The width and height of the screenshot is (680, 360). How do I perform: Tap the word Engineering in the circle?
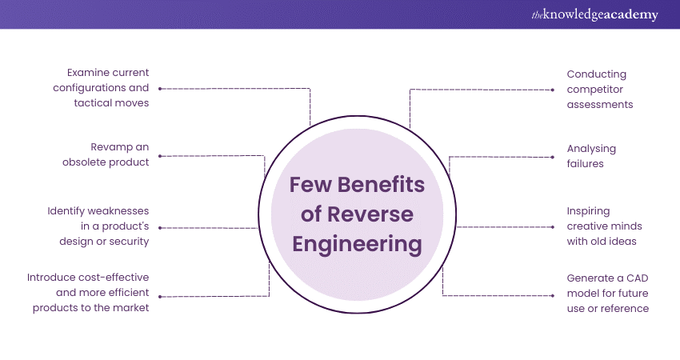(x=356, y=243)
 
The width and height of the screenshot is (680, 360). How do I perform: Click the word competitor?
(x=594, y=89)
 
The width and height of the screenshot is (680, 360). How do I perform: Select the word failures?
(x=585, y=163)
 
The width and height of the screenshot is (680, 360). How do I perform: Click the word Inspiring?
(x=588, y=211)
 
